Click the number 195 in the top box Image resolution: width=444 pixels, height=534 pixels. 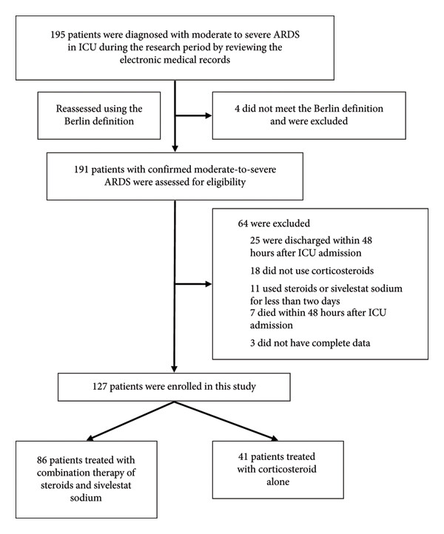58,35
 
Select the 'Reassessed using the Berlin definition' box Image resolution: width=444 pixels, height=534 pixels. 99,115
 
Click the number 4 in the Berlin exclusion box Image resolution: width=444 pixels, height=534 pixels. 237,109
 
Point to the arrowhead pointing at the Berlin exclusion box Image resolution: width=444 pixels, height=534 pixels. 208,116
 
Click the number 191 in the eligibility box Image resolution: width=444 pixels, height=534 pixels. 81,169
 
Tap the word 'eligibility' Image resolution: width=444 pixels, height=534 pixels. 226,182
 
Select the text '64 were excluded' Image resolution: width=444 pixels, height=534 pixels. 274,223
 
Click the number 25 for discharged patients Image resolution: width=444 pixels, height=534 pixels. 255,240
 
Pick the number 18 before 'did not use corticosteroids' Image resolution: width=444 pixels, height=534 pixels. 255,271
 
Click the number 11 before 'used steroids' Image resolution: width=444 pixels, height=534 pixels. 255,288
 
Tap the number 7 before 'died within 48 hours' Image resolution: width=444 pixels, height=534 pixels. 252,313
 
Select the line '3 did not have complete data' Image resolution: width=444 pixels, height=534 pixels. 310,343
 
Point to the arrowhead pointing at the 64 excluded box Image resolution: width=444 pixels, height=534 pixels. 208,284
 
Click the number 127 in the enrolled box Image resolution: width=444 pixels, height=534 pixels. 100,387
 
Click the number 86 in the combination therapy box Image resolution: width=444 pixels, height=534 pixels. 42,460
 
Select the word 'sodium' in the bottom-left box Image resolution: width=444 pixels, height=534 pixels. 86,498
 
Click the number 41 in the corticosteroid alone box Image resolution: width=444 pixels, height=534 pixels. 243,456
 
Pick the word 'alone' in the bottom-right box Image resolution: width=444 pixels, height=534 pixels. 278,482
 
